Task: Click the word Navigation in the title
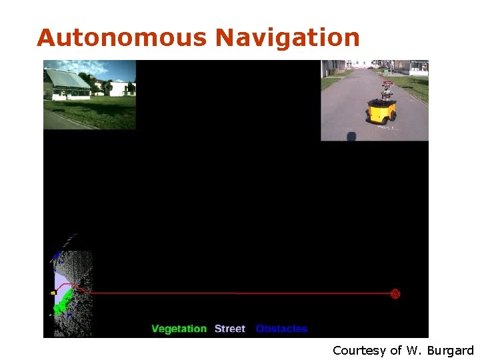pyautogui.click(x=287, y=37)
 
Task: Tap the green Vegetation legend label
pyautogui.click(x=179, y=329)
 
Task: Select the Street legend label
pyautogui.click(x=230, y=329)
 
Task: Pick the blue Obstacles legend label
pyautogui.click(x=281, y=329)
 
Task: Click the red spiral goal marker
pyautogui.click(x=395, y=293)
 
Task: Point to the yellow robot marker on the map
pyautogui.click(x=53, y=293)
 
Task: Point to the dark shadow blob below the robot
pyautogui.click(x=351, y=137)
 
